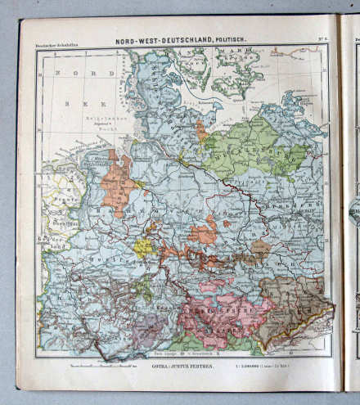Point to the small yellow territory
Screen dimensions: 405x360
pos(143,246)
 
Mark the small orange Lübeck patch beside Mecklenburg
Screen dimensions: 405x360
pos(201,131)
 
